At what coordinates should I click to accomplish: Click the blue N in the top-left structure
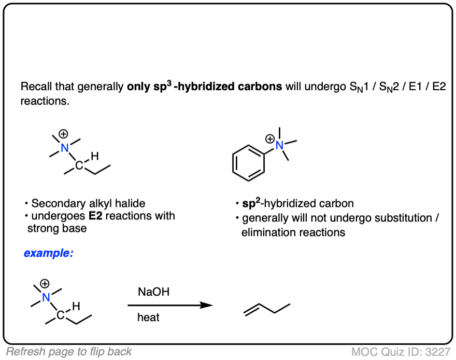(x=65, y=148)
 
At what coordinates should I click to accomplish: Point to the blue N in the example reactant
(x=47, y=297)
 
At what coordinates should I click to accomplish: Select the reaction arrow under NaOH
(x=170, y=305)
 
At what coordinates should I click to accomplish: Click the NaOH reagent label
(x=153, y=293)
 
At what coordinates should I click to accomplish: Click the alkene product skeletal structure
(x=267, y=309)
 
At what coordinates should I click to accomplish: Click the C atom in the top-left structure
(x=79, y=166)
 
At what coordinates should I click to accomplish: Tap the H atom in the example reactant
(x=75, y=307)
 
